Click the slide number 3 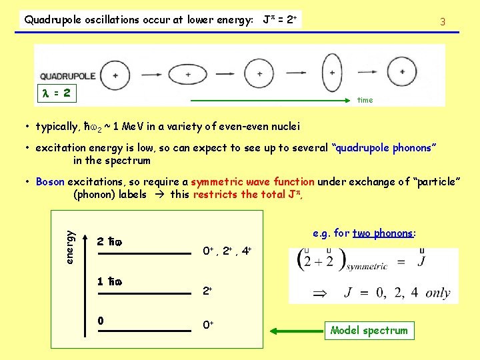[x=442, y=22]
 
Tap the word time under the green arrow [x=365, y=100]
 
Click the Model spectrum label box [x=369, y=330]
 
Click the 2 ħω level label [x=109, y=241]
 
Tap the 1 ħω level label [x=109, y=281]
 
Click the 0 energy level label [x=100, y=321]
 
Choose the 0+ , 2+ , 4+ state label [x=226, y=251]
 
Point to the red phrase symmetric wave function [x=253, y=181]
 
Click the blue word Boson [x=50, y=181]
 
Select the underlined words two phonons [x=383, y=233]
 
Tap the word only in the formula [x=437, y=293]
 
